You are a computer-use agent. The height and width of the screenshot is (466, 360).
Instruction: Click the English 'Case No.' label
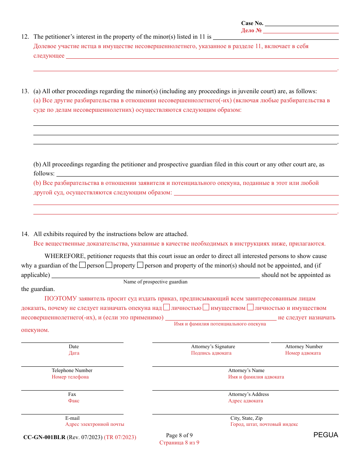coord(252,23)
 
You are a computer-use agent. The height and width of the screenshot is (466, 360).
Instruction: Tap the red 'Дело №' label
coord(251,31)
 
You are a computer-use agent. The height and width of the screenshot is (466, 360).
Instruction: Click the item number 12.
coord(25,37)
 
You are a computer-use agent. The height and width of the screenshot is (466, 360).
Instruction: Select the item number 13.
coord(25,91)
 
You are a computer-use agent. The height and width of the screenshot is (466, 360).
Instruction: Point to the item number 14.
coord(25,234)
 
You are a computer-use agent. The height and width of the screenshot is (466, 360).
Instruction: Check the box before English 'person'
coord(82,265)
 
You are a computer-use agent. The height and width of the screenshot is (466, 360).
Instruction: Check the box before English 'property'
coord(109,265)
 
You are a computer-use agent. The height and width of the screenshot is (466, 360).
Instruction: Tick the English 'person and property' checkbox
coord(140,265)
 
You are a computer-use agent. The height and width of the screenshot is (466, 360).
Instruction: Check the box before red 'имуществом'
coord(206,308)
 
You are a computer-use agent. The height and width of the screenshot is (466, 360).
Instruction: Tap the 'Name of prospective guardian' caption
coord(155,282)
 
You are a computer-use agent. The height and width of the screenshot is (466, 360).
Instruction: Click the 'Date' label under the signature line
coord(74,347)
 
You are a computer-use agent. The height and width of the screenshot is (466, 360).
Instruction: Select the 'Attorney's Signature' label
coord(213,347)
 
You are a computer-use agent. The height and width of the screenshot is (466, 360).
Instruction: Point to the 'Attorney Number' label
coord(304,347)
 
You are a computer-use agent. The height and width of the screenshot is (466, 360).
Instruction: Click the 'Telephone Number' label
coord(72,371)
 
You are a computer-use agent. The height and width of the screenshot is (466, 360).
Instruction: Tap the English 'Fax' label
coord(72,394)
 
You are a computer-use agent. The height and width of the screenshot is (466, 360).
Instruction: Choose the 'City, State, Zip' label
coord(246,418)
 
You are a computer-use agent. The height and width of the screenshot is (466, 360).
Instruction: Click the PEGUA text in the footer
coord(326,435)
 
